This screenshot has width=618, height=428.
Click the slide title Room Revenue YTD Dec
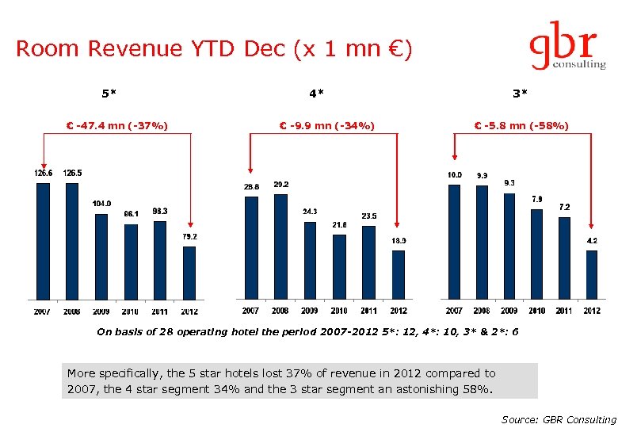click(x=214, y=49)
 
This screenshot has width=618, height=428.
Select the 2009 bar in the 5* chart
click(x=101, y=257)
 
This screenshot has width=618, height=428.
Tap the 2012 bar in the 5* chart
click(x=189, y=273)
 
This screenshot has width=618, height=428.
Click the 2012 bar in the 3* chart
click(x=592, y=275)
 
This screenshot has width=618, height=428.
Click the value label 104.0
click(x=101, y=204)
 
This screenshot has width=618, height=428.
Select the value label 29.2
click(x=280, y=184)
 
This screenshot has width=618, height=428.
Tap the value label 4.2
click(x=592, y=240)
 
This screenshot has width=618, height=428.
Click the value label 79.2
click(x=189, y=236)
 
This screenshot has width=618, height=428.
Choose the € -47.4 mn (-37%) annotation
click(x=116, y=125)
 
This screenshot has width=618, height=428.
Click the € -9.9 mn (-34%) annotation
click(x=327, y=125)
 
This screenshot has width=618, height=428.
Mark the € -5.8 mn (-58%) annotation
click(x=521, y=125)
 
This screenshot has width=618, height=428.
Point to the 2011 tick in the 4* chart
click(x=368, y=311)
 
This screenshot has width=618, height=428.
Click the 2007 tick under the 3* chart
click(x=454, y=311)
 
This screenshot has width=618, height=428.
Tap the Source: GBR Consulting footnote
click(x=559, y=419)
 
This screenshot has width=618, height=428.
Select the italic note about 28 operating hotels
click(x=307, y=332)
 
